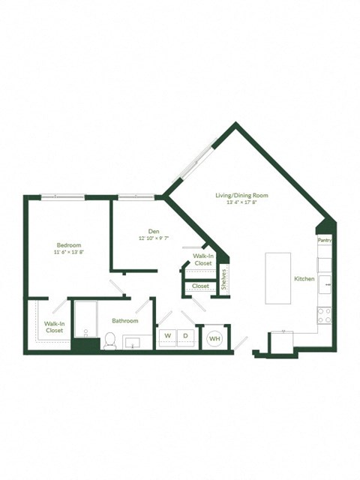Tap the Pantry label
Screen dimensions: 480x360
pos(324,240)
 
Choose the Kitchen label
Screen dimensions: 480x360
pos(304,279)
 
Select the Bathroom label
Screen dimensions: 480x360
pos(124,320)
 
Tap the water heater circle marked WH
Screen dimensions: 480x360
pos(214,338)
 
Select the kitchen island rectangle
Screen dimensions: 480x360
pos(277,277)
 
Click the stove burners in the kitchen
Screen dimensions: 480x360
pos(325,316)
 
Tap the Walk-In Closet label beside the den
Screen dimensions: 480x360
pos(202,260)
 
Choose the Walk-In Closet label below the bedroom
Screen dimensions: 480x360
pos(54,327)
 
